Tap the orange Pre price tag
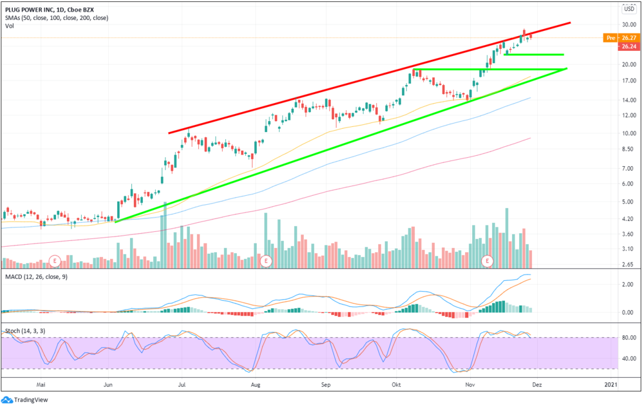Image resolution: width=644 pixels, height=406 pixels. (x=610, y=38)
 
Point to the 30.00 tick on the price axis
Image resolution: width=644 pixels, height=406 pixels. (x=627, y=24)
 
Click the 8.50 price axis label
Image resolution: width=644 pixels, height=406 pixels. (x=627, y=150)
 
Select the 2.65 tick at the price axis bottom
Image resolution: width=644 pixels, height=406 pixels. (x=627, y=264)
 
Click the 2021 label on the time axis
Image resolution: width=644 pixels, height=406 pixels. (x=611, y=385)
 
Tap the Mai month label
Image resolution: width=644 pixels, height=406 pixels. (x=43, y=385)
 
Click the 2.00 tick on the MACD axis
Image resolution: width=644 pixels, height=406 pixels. (x=627, y=284)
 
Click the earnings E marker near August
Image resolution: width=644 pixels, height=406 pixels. (x=266, y=261)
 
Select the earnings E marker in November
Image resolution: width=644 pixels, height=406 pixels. (x=488, y=261)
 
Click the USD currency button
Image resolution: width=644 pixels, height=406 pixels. (x=629, y=9)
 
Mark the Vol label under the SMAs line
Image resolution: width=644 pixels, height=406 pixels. (x=10, y=26)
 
